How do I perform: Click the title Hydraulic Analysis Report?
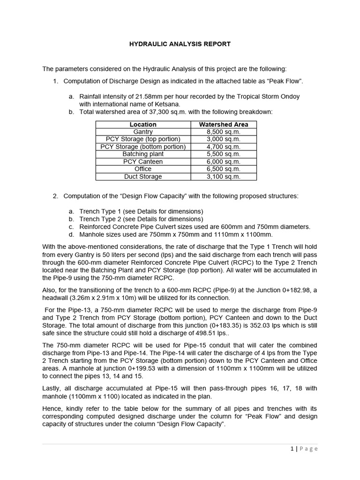click(x=180, y=44)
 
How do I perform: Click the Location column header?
click(x=143, y=125)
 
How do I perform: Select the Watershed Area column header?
click(x=224, y=125)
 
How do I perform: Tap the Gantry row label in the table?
click(x=143, y=132)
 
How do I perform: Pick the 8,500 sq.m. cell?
click(x=224, y=132)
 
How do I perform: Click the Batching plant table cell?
click(x=143, y=154)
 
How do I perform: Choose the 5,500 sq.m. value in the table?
click(x=224, y=154)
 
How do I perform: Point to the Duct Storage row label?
click(x=143, y=177)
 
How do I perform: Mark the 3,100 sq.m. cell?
click(x=224, y=177)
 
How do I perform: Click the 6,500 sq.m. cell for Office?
click(x=224, y=169)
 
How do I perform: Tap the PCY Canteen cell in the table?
click(x=143, y=162)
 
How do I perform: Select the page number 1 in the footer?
click(x=292, y=449)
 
